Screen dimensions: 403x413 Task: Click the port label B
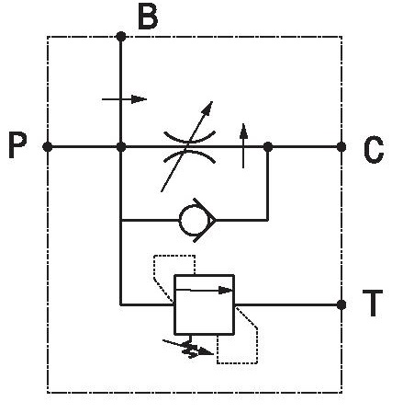point(148,17)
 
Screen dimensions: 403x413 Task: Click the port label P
point(17,145)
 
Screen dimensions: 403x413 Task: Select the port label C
point(374,150)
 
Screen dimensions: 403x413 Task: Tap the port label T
point(373,303)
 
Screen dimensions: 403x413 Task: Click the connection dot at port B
point(121,37)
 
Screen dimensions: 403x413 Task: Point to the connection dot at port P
point(47,147)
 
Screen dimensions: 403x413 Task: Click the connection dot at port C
point(341,147)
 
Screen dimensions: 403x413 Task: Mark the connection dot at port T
point(341,304)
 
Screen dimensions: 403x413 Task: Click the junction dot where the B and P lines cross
point(121,147)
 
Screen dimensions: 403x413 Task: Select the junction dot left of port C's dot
point(268,147)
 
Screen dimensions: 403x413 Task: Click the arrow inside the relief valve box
point(205,290)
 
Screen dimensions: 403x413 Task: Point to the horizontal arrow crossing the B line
point(124,99)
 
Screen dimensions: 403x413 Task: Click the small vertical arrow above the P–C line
point(243,145)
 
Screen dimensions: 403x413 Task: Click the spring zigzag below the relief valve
point(189,349)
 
